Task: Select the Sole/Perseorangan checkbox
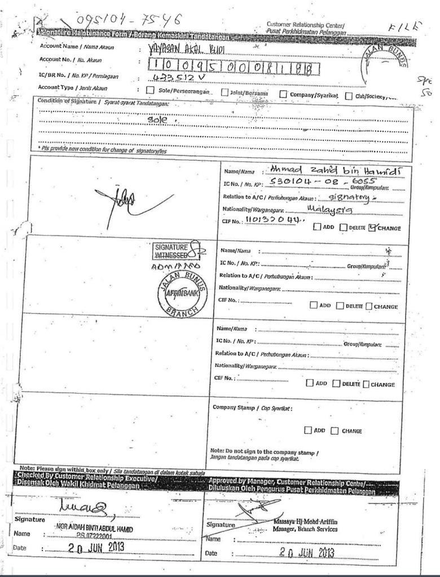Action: click(x=150, y=90)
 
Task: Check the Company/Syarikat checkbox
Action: click(x=283, y=94)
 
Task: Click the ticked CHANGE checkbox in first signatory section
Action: click(x=372, y=228)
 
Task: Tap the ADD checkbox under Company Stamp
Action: click(x=307, y=430)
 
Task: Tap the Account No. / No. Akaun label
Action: click(x=71, y=59)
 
